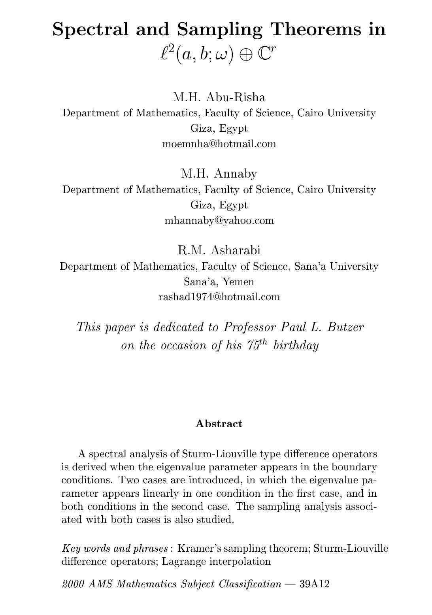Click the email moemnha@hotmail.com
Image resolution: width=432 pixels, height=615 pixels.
tap(219, 144)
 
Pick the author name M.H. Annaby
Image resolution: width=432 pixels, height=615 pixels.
tap(219, 173)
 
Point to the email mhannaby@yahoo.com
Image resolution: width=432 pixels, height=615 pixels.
tap(219, 220)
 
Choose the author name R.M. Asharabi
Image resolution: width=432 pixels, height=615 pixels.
tap(219, 250)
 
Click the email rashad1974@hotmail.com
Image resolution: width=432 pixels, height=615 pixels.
tap(219, 297)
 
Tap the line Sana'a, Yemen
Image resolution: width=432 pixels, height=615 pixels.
tap(219, 282)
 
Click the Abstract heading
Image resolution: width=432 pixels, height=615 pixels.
tap(219, 424)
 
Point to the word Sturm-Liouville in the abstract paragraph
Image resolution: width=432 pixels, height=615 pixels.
tap(215, 453)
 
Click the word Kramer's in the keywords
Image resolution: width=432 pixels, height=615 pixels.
tap(196, 549)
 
